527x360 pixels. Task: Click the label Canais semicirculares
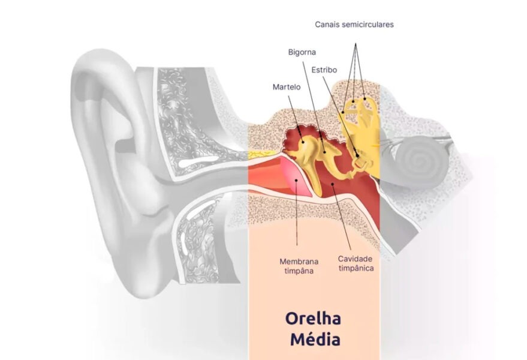(354, 25)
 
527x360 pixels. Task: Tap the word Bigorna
(302, 53)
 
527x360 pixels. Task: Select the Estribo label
(324, 70)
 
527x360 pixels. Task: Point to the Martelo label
(286, 87)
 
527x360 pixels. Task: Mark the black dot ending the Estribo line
(358, 155)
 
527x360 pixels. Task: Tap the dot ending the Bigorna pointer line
(325, 151)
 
